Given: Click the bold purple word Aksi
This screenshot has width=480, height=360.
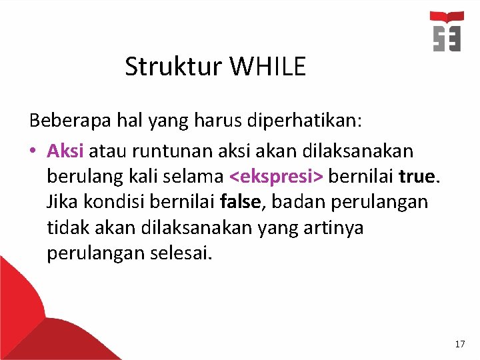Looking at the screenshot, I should pos(65,150).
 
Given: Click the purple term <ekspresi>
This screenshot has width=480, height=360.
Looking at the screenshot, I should pos(276,177).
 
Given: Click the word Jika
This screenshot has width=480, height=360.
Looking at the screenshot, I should pos(61,202).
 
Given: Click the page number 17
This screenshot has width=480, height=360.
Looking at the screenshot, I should pos(459,344).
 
